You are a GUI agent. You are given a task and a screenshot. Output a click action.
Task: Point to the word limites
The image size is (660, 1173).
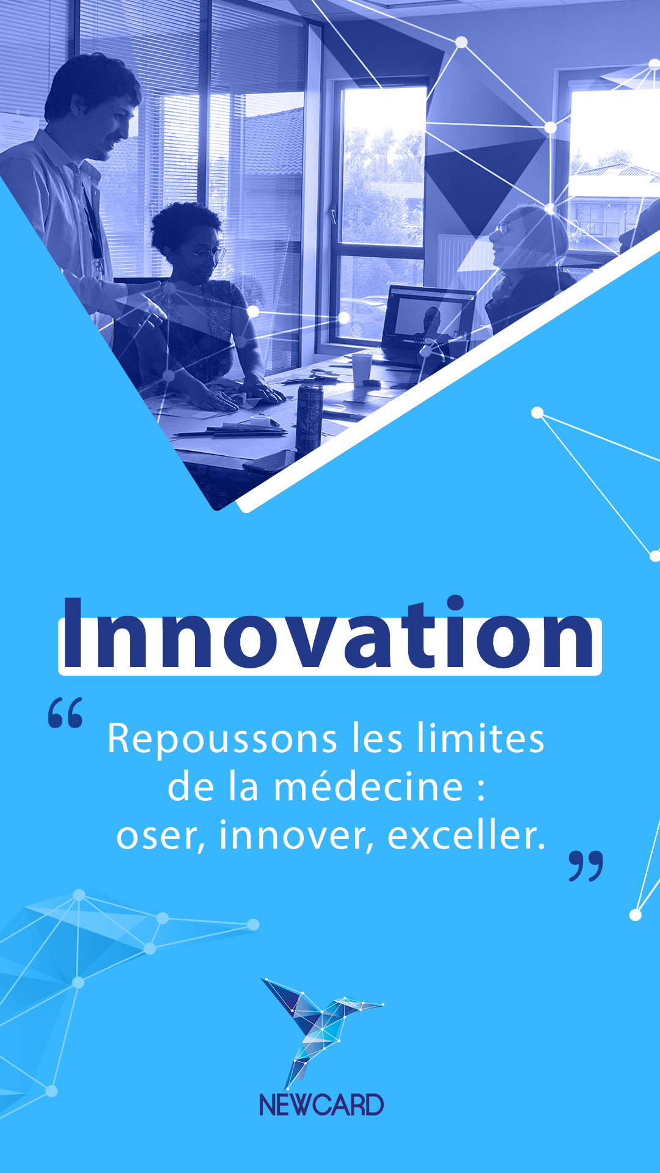(480, 738)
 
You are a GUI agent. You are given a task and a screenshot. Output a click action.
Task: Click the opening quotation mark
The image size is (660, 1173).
(65, 712)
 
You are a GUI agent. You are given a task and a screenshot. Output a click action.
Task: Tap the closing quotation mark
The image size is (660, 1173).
(586, 866)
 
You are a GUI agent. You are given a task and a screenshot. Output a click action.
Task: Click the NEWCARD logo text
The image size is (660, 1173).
(321, 1105)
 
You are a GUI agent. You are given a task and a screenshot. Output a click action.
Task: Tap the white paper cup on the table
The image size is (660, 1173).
(362, 369)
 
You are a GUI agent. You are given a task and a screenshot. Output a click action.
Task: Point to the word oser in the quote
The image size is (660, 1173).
(157, 837)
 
